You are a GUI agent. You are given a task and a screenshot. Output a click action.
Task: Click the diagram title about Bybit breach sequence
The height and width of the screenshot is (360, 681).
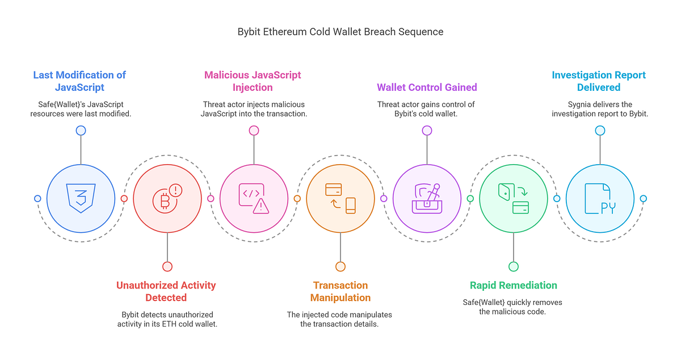(340, 32)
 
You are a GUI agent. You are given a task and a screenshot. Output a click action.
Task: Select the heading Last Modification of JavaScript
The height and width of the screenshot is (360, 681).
(79, 81)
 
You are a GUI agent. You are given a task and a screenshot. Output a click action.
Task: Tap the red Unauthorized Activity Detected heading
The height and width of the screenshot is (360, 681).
(166, 291)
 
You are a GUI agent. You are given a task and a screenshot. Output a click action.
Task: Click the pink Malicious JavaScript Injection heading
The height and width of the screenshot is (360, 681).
(253, 81)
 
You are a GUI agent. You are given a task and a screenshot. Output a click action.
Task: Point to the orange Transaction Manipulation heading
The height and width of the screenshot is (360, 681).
(340, 291)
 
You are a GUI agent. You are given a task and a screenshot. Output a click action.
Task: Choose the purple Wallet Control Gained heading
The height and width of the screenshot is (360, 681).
(427, 87)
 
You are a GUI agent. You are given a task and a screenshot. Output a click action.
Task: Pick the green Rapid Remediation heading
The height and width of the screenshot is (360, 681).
(513, 285)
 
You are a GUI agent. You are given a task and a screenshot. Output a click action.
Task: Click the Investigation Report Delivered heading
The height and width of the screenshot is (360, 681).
(599, 81)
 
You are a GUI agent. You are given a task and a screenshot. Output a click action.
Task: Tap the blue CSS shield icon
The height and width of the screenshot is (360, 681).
(81, 198)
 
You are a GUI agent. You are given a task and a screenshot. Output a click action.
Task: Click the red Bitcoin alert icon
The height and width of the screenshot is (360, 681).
(167, 198)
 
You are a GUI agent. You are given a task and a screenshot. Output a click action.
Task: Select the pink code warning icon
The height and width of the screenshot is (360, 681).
(254, 198)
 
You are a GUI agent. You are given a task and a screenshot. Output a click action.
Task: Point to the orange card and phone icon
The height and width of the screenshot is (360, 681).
(340, 198)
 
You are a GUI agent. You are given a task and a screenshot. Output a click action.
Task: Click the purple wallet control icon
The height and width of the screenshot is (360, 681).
(427, 198)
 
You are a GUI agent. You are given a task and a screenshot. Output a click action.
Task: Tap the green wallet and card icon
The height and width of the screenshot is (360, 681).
(513, 198)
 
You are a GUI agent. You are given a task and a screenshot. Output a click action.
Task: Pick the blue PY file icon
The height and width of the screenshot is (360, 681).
(600, 198)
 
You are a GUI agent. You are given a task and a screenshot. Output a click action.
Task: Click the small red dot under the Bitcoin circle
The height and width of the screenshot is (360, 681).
(167, 266)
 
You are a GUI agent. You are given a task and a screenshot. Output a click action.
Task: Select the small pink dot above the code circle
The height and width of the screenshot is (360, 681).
(254, 131)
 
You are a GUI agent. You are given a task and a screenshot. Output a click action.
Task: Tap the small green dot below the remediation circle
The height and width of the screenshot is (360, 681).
(513, 266)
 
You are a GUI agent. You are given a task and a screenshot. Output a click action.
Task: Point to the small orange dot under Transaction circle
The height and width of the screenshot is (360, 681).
(340, 266)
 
